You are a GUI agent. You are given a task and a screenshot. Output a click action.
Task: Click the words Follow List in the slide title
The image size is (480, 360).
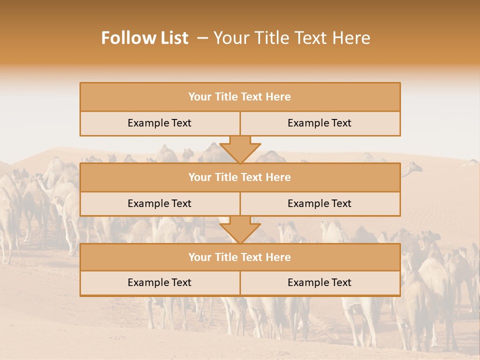point(145,38)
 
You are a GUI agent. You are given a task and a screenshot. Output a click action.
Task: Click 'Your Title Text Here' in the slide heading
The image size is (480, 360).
point(292,38)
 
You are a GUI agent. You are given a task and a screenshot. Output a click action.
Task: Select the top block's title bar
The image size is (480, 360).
point(240,97)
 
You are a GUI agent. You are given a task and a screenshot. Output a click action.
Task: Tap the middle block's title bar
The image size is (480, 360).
point(240,177)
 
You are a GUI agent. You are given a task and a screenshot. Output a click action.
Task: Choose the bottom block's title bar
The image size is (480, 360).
point(240,257)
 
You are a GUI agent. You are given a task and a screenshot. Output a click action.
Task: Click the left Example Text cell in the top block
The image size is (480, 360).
point(159,123)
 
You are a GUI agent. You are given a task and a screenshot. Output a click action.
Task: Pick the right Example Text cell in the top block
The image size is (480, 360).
point(319,123)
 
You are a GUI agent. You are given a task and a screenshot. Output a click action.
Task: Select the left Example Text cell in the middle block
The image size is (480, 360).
point(159,203)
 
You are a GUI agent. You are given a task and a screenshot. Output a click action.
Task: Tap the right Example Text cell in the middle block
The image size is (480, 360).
point(319,203)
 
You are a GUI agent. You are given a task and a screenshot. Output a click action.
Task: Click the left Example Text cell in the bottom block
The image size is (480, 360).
point(159,282)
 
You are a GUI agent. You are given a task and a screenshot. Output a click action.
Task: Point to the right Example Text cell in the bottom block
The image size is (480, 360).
point(319,282)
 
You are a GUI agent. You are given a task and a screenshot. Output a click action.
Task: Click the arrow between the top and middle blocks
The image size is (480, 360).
point(240,149)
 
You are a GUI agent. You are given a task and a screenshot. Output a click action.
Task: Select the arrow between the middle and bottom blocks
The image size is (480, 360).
point(240,229)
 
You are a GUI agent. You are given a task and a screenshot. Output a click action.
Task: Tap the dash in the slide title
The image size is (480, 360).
point(202,38)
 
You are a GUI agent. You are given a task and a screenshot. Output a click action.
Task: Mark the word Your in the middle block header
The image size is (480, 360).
point(199,177)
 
